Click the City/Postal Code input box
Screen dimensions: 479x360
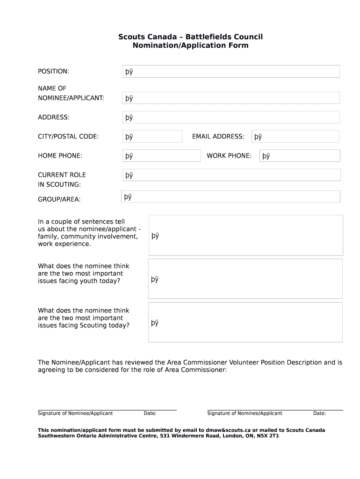152,137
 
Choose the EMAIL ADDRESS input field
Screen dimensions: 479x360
295,137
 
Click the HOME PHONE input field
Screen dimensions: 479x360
161,156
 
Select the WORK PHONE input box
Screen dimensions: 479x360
300,156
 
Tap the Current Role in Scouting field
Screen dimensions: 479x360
231,175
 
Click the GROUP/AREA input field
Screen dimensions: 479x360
230,197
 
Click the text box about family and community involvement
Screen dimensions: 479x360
245,235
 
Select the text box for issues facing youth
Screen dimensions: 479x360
245,279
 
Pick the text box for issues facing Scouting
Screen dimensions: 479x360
245,322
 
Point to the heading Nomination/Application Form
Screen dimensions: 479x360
190,46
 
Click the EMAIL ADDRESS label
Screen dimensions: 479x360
218,137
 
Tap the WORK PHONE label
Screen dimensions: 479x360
229,156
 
